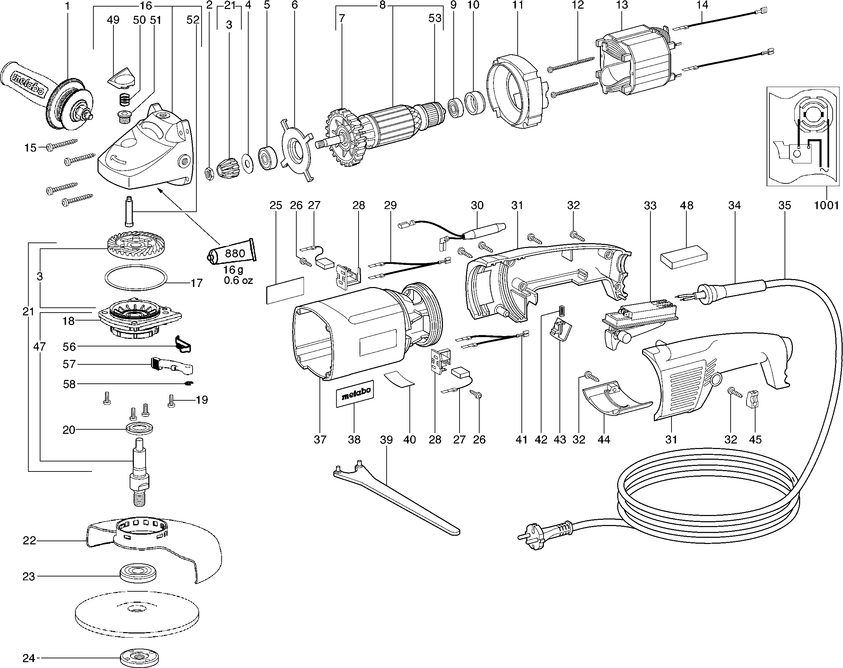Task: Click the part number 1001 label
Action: [826, 205]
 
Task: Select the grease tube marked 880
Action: [231, 254]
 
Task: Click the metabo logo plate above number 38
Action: [355, 394]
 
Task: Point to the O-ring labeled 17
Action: [136, 278]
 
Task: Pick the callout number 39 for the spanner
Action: [386, 439]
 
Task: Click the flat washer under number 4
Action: [248, 163]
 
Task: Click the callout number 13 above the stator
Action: [622, 5]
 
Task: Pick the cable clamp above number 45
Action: [753, 399]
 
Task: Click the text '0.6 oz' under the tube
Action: [238, 280]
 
